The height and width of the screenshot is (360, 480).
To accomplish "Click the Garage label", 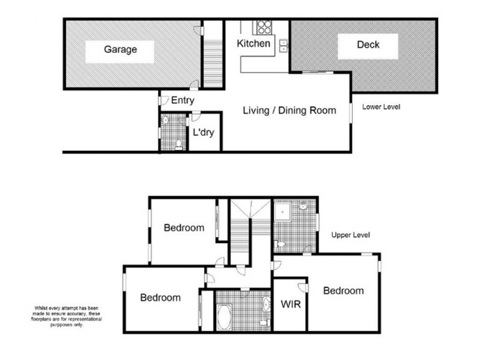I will coord(120,50).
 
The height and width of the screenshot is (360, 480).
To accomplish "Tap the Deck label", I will coord(368,45).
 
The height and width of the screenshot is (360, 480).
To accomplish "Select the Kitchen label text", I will coord(254,44).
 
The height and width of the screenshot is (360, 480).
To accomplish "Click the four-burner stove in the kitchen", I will coord(263,27).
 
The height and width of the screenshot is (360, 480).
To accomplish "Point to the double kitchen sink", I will coord(283,45).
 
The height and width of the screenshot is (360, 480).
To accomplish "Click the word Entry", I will coord(182,100).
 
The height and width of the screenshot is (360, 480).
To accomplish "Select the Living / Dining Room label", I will coord(289,110).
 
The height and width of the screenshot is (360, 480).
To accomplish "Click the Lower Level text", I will coord(381,107).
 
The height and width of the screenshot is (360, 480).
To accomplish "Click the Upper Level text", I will coord(350,235).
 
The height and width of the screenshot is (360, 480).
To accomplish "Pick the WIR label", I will coord(291,304).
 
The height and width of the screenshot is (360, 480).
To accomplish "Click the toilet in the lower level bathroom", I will coord(178,144).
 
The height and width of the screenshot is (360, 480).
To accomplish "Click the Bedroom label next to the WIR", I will coord(343,291).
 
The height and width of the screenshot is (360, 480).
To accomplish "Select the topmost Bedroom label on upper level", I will coord(184,228).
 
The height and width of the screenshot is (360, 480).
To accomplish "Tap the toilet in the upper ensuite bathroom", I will coord(281,245).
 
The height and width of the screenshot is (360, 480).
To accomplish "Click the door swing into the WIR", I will coord(303,287).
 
